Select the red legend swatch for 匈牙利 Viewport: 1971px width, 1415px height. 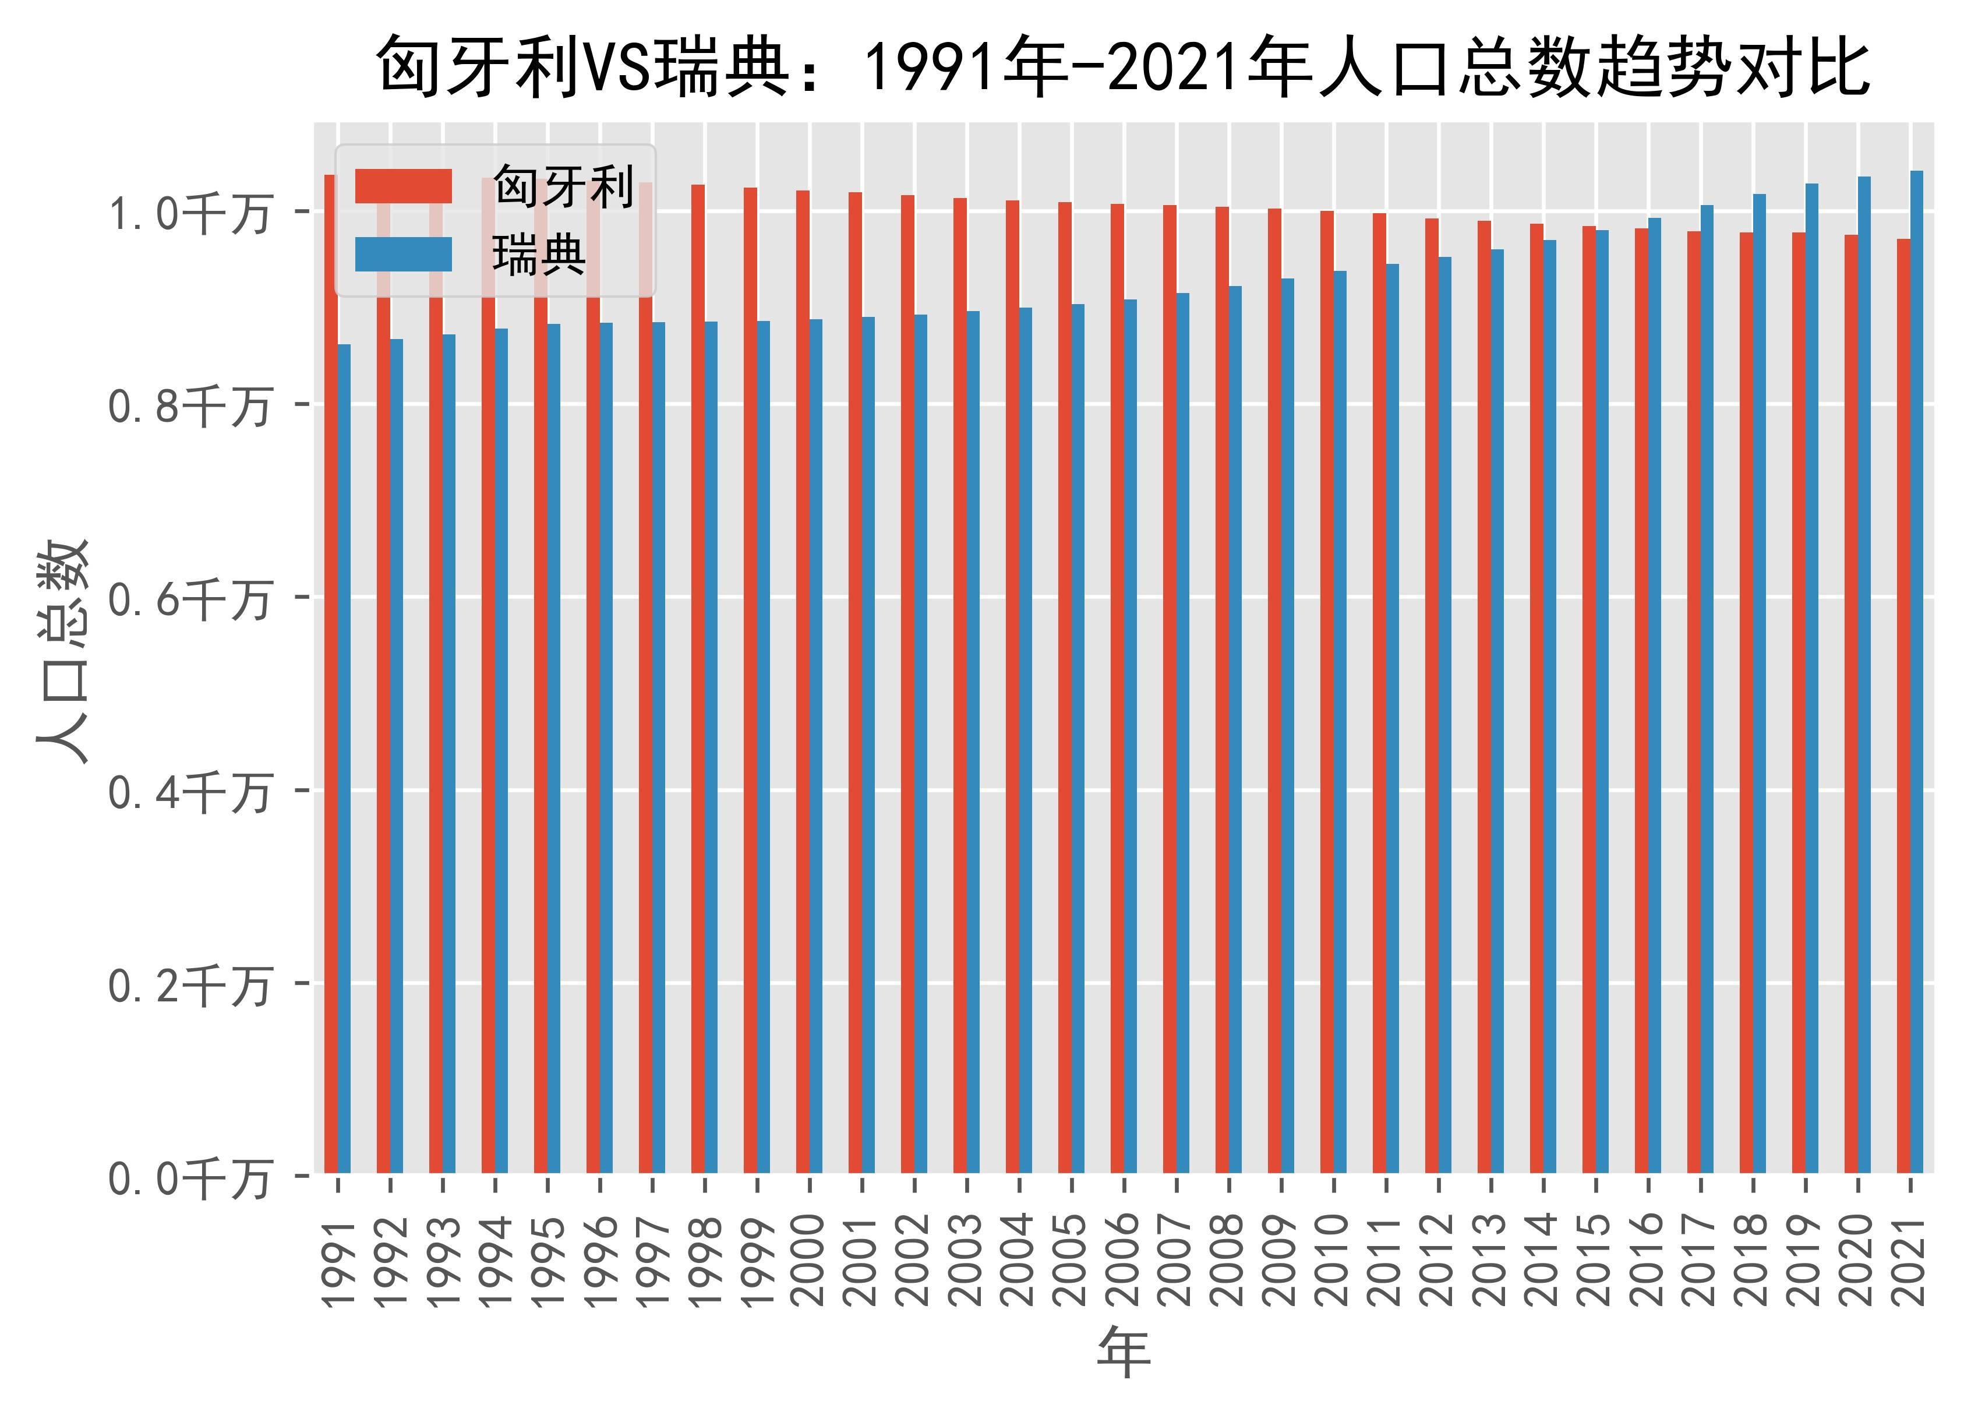click(403, 186)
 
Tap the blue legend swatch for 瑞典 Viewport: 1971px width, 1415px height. click(403, 255)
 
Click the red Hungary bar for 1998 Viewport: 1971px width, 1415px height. click(698, 678)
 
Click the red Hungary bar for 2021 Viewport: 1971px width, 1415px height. click(1903, 705)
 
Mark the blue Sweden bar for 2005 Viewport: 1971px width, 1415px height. click(1078, 738)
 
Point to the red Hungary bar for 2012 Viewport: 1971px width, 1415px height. click(1431, 696)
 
